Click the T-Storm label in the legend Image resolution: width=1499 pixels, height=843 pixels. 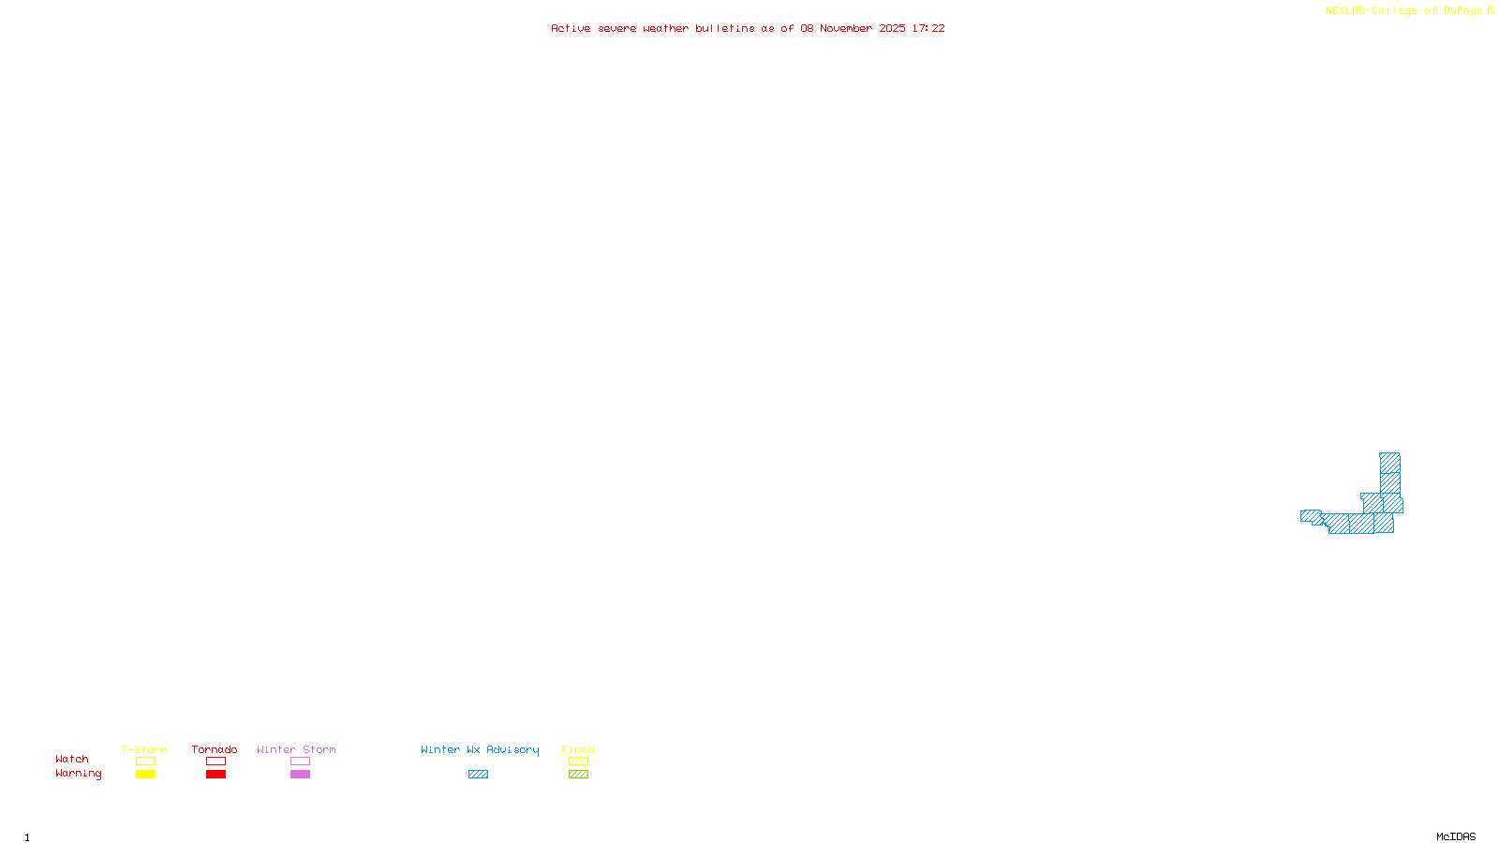(x=144, y=749)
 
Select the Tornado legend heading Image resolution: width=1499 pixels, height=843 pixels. (x=215, y=749)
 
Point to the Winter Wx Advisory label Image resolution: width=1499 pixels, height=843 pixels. (x=480, y=749)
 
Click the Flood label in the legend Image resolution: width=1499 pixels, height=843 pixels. (x=578, y=749)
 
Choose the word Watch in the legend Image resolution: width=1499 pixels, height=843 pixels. (x=72, y=759)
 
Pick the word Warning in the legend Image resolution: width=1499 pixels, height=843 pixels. (x=78, y=774)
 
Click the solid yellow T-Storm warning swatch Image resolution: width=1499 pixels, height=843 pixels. (x=145, y=775)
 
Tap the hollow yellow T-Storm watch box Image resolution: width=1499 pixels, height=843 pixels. (x=145, y=762)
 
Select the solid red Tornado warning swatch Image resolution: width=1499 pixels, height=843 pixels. (x=215, y=775)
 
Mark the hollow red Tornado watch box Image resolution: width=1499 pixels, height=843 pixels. (x=215, y=762)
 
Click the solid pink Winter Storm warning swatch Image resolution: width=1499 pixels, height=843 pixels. (x=300, y=775)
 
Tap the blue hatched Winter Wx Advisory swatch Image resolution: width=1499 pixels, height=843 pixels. (x=478, y=775)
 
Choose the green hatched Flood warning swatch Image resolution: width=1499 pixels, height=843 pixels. (x=578, y=775)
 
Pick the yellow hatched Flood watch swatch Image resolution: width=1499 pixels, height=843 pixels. (x=578, y=762)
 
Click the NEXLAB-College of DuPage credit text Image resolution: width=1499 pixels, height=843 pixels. (x=1404, y=11)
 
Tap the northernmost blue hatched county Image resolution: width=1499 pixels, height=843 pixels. (x=1390, y=463)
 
